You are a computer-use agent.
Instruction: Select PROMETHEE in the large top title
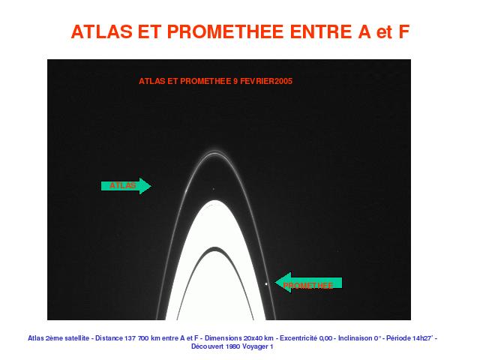[x=225, y=31]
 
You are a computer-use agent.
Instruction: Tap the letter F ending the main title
[x=403, y=31]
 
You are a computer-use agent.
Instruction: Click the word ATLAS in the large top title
[x=102, y=31]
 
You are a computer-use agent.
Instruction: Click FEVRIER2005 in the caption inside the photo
[x=266, y=81]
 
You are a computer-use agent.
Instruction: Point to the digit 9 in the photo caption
[x=235, y=81]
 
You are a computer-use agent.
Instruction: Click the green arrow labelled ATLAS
[x=126, y=186]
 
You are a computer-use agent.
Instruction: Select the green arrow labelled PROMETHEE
[x=308, y=283]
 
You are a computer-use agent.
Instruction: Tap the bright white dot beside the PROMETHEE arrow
[x=266, y=284]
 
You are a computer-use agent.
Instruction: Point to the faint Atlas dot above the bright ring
[x=213, y=189]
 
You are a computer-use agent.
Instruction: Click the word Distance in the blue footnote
[x=109, y=338]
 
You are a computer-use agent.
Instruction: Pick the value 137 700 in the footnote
[x=136, y=338]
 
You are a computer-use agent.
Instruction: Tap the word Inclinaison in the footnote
[x=355, y=338]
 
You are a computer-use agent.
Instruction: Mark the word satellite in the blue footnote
[x=76, y=338]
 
